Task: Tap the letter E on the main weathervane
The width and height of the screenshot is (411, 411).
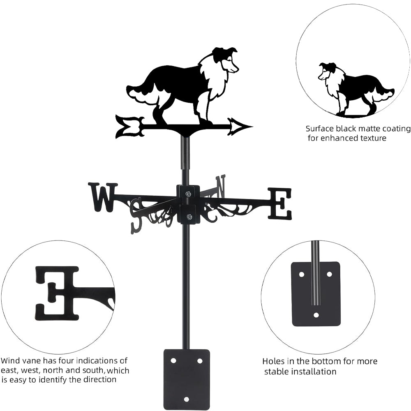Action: pos(280,203)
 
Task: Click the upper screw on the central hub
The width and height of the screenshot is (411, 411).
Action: pos(188,194)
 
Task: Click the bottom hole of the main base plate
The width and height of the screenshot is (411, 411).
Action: pos(187,399)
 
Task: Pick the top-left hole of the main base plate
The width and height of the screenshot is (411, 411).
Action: pos(173,360)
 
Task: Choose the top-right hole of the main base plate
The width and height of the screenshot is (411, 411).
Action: pos(200,360)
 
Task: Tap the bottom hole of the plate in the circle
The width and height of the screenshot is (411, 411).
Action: pos(316,315)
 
